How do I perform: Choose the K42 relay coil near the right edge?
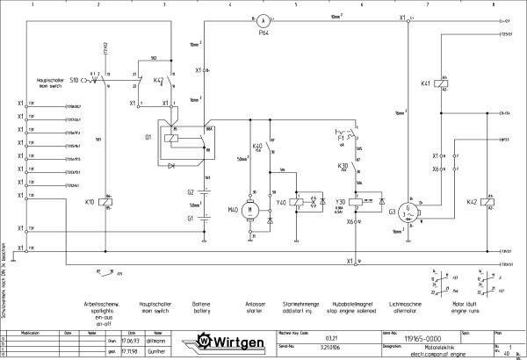(x=487, y=202)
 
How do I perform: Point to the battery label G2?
(x=190, y=191)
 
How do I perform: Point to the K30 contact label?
(x=343, y=165)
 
